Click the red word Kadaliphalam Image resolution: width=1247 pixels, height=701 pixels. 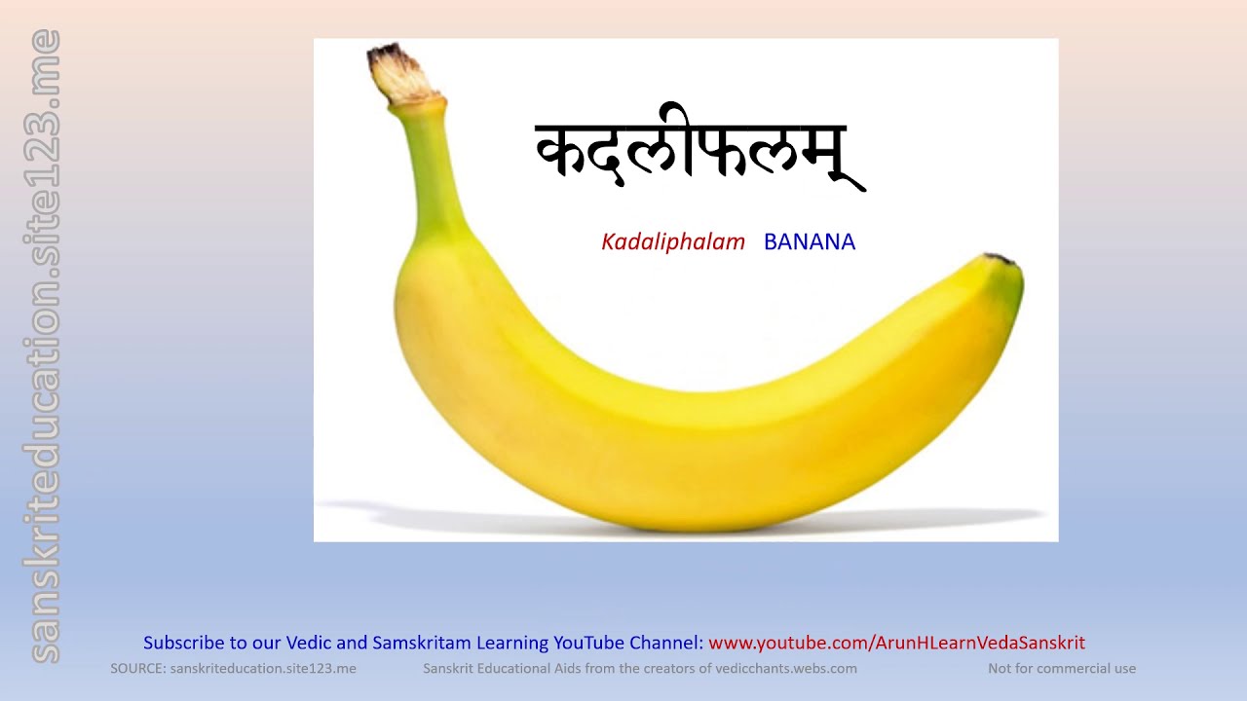point(672,241)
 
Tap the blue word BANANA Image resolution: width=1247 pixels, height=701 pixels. point(809,241)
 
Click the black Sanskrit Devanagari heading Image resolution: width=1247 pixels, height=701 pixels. point(698,156)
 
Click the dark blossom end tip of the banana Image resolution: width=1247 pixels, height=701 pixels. point(1001,260)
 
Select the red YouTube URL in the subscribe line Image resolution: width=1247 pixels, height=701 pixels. point(896,643)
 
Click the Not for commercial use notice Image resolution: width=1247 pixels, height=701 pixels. point(1062,668)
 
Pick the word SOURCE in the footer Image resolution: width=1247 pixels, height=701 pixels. point(136,668)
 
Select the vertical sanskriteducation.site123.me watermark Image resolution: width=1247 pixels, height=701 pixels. point(45,347)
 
